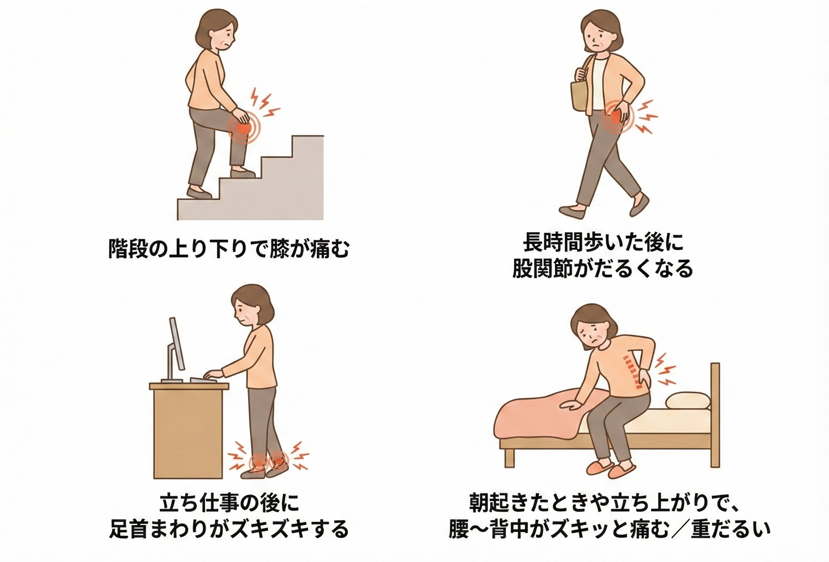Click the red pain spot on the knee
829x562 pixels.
243,127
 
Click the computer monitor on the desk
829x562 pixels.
175,348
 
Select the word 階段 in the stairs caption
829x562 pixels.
129,249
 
